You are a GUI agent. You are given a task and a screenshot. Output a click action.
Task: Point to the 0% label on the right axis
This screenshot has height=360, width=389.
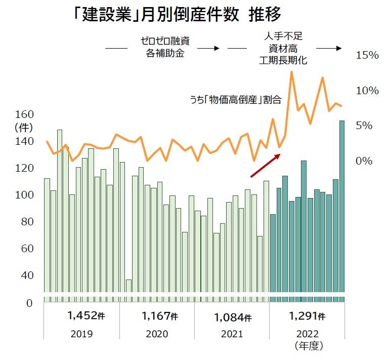[x=364, y=161]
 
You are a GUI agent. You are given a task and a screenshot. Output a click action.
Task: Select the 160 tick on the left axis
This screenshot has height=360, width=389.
[x=24, y=114]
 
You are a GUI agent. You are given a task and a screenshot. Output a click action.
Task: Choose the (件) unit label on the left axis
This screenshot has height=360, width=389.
[x=23, y=127]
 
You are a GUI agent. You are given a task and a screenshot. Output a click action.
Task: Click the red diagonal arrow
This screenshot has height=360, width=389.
[x=265, y=166]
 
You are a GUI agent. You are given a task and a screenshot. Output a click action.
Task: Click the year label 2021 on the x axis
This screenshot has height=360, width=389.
[x=232, y=334]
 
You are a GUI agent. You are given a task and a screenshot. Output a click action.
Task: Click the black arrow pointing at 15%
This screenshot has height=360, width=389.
[x=329, y=49]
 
